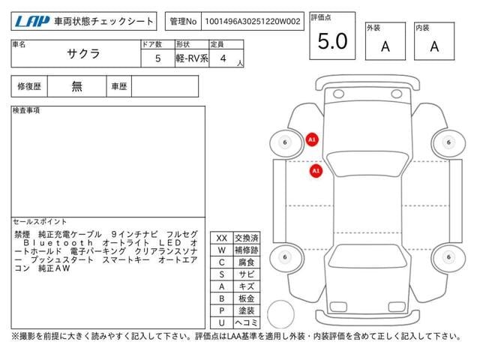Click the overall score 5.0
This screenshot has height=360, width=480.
tap(332, 42)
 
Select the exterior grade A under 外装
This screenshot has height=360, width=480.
tap(385, 46)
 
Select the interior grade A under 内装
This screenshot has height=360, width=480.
tap(434, 46)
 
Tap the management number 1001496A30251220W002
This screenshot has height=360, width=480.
tap(254, 22)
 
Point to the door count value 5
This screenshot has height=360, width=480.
tap(157, 58)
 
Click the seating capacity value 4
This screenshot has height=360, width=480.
tap(223, 58)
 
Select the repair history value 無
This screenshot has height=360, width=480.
tap(77, 86)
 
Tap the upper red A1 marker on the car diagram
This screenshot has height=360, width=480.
tap(312, 139)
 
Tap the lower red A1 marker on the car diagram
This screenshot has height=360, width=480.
tap(316, 171)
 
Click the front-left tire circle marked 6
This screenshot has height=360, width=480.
tap(284, 142)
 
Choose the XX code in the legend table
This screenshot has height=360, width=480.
tap(221, 238)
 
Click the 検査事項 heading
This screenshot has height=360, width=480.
tap(26, 111)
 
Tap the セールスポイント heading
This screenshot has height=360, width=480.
tap(40, 223)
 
